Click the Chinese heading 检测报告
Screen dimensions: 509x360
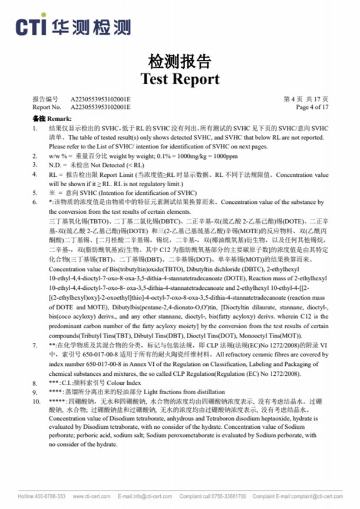pyautogui.click(x=180, y=62)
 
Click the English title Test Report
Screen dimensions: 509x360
pyautogui.click(x=180, y=79)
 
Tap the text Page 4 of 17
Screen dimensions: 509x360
pyautogui.click(x=312, y=107)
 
